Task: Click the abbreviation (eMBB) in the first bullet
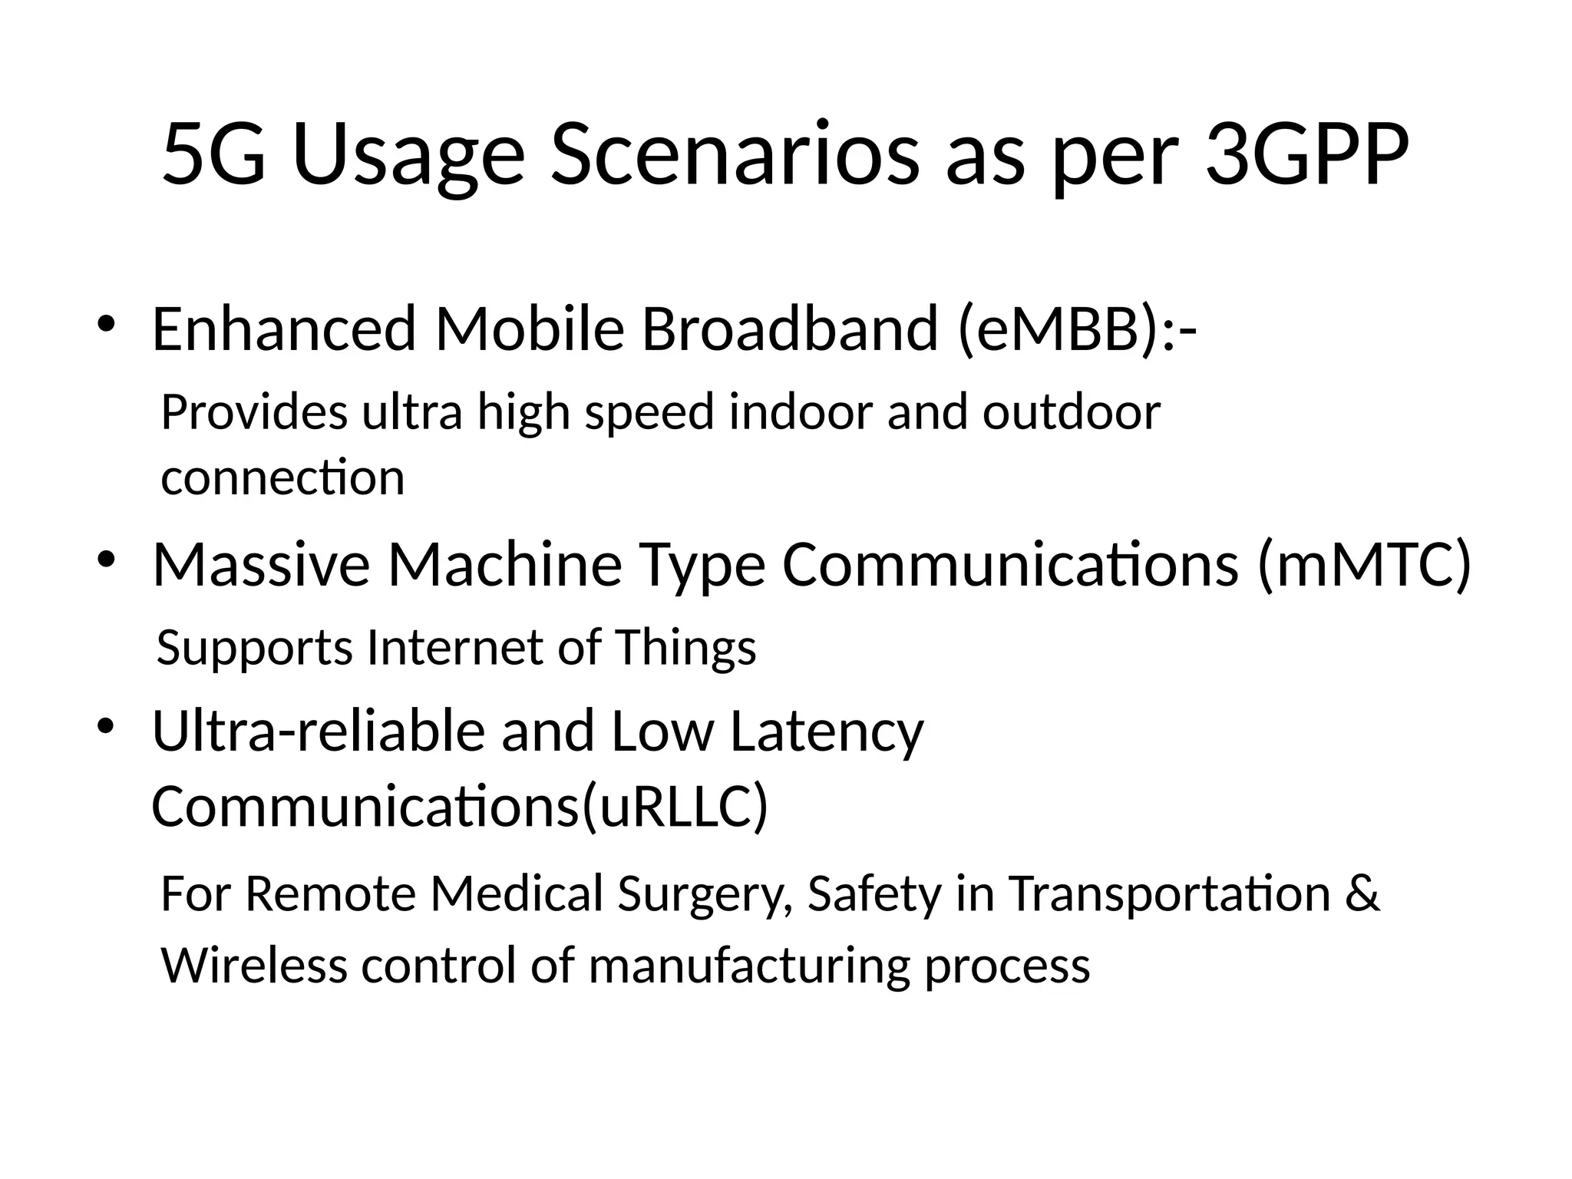[1059, 329]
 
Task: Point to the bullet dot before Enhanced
[106, 323]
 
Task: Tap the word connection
[282, 477]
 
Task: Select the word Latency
[827, 731]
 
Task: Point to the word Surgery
[704, 894]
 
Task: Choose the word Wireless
[254, 965]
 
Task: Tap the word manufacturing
[749, 965]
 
